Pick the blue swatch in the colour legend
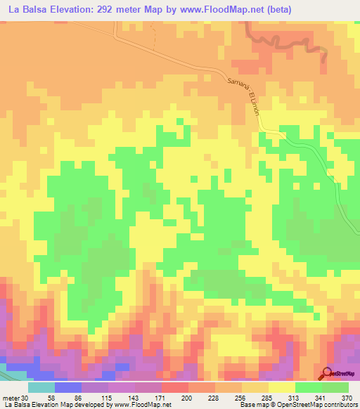pos(67,388)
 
